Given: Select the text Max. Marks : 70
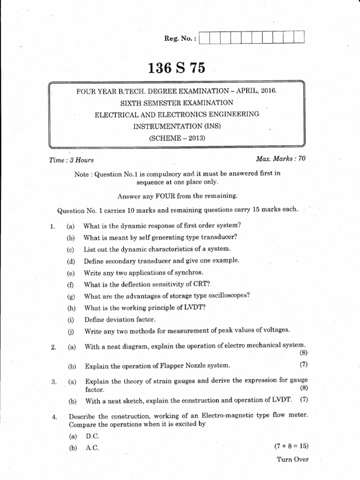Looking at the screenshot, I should pos(281,159).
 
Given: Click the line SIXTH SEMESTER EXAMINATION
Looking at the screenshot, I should pos(177,102).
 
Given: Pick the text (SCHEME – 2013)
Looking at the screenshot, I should pos(177,138).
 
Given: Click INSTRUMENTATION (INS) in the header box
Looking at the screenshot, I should pos(177,126).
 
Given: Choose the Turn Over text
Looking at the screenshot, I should pos(293,459).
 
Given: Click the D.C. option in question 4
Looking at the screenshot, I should pos(93,435).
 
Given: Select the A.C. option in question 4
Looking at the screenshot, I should pos(92,448).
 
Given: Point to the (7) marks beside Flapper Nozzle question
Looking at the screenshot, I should pos(303,364).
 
